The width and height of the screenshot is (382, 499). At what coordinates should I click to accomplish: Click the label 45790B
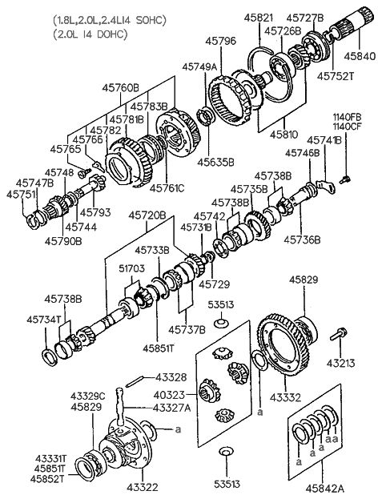62,239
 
